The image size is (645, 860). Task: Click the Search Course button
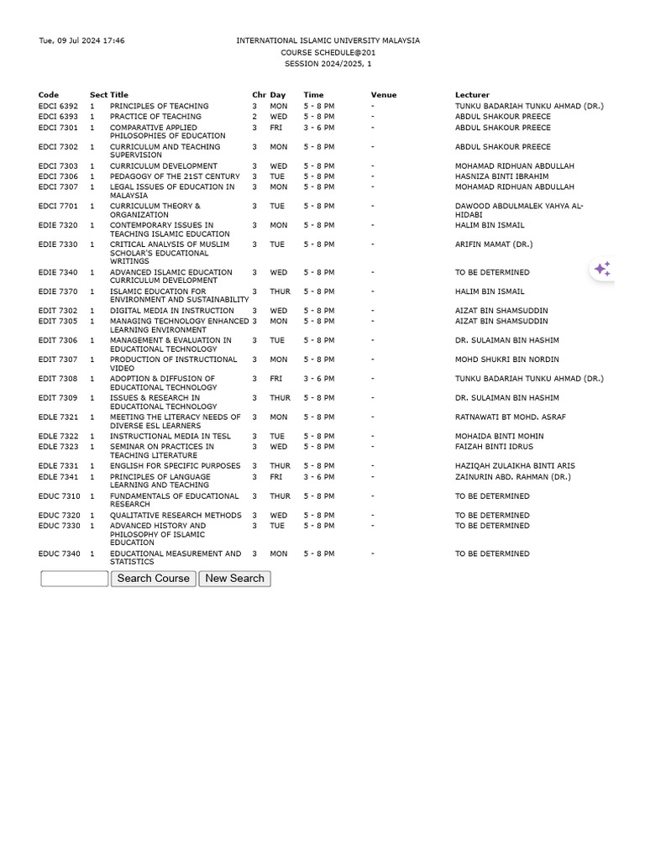pos(153,579)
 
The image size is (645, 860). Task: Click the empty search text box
pos(75,579)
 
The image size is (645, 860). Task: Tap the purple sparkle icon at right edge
pos(602,269)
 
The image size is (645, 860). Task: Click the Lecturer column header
pos(472,95)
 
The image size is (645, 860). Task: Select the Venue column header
pos(383,95)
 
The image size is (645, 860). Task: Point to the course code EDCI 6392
pos(58,107)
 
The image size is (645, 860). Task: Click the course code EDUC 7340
pos(59,554)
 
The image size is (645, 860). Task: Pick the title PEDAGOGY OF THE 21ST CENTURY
pos(175,177)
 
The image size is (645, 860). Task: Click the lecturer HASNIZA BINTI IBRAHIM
pos(501,177)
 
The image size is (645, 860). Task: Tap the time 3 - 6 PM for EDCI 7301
pos(318,128)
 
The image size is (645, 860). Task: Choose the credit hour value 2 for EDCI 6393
pos(254,117)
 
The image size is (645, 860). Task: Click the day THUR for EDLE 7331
pos(280,466)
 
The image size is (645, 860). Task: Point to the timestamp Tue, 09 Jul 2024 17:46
pos(81,41)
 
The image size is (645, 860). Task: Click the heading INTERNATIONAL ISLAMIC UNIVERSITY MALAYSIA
pos(328,41)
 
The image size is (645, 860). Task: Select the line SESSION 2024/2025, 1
pos(328,64)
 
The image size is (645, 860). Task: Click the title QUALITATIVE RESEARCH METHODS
pos(176,516)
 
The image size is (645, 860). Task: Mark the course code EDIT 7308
pos(58,379)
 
